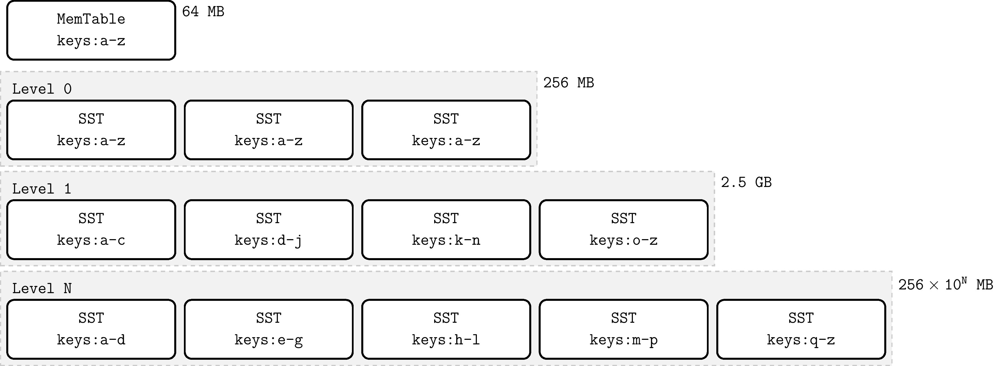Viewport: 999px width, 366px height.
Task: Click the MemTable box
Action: click(x=91, y=30)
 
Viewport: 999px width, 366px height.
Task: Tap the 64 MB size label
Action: click(x=203, y=12)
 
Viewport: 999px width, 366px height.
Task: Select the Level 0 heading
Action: click(x=42, y=89)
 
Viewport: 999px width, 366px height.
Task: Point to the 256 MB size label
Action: click(x=569, y=83)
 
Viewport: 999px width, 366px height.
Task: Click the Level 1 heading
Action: click(x=42, y=189)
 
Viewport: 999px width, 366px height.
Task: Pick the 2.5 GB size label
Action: click(x=746, y=182)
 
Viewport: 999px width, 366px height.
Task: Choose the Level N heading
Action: click(x=42, y=289)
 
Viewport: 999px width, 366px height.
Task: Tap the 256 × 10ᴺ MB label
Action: click(x=945, y=285)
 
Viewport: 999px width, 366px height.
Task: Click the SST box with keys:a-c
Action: click(x=91, y=229)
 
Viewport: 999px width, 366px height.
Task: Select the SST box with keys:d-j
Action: click(x=269, y=229)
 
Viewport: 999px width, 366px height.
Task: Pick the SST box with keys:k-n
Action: click(x=446, y=229)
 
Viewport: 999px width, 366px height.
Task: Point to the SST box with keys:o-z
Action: click(x=623, y=229)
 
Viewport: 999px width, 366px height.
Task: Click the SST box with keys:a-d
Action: click(x=91, y=329)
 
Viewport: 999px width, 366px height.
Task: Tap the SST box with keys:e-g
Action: click(x=269, y=329)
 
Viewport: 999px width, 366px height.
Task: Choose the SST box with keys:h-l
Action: click(x=446, y=329)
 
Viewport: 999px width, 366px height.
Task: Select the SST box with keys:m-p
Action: click(x=623, y=329)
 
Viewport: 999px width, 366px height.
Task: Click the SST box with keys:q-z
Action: click(x=801, y=329)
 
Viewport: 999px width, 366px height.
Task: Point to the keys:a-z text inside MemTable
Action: click(x=91, y=41)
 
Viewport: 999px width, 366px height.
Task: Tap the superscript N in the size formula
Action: click(x=964, y=280)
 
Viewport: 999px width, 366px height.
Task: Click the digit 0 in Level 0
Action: click(x=67, y=89)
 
